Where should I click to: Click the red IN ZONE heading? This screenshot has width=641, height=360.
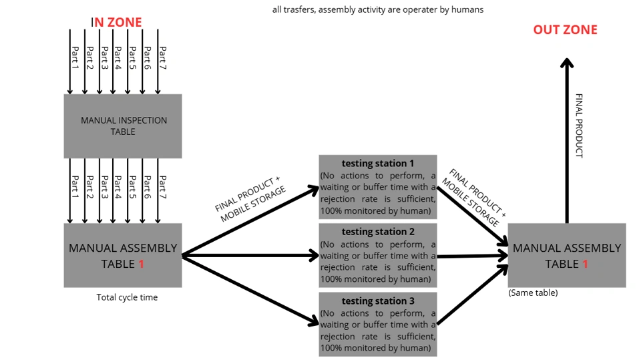coord(118,22)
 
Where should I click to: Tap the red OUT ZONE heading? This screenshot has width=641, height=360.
coord(565,29)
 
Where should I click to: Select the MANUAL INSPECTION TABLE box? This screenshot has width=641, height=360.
coord(123,126)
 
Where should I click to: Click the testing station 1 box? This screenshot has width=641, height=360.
coord(378,188)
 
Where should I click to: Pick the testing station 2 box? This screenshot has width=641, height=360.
coord(378,256)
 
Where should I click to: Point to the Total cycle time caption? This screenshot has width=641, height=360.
coord(127,297)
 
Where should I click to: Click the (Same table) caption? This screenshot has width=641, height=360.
coord(532,293)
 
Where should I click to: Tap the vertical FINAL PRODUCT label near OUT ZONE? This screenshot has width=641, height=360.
coord(579,125)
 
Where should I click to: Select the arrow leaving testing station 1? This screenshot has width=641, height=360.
coord(471,218)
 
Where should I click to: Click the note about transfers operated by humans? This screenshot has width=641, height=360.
coord(378,9)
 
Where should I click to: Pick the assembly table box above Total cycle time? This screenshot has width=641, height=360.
coord(123,255)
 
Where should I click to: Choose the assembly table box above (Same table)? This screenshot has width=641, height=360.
coord(567,255)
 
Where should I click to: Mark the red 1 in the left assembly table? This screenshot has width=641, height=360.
coord(141,264)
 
